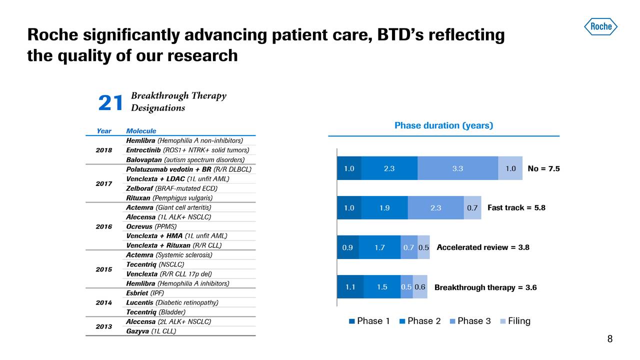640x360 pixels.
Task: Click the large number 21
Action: point(110,103)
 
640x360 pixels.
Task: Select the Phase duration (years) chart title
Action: point(443,125)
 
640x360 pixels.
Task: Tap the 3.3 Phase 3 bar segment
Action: point(457,168)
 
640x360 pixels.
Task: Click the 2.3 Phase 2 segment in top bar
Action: point(389,168)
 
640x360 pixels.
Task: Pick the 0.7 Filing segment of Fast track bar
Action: point(472,208)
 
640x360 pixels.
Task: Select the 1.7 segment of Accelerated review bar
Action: point(379,247)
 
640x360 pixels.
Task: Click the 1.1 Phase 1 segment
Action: point(350,287)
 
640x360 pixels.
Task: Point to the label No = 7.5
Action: point(543,168)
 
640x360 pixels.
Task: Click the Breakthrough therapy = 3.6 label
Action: point(485,287)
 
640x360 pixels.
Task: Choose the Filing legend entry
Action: point(514,321)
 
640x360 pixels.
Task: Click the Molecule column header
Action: point(141,131)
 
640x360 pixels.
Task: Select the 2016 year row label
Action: point(103,226)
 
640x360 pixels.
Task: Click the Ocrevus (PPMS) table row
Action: point(151,226)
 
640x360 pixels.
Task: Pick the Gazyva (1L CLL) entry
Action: point(151,331)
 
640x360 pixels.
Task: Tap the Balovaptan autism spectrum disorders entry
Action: point(185,160)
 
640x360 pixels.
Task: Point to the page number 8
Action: point(609,339)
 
